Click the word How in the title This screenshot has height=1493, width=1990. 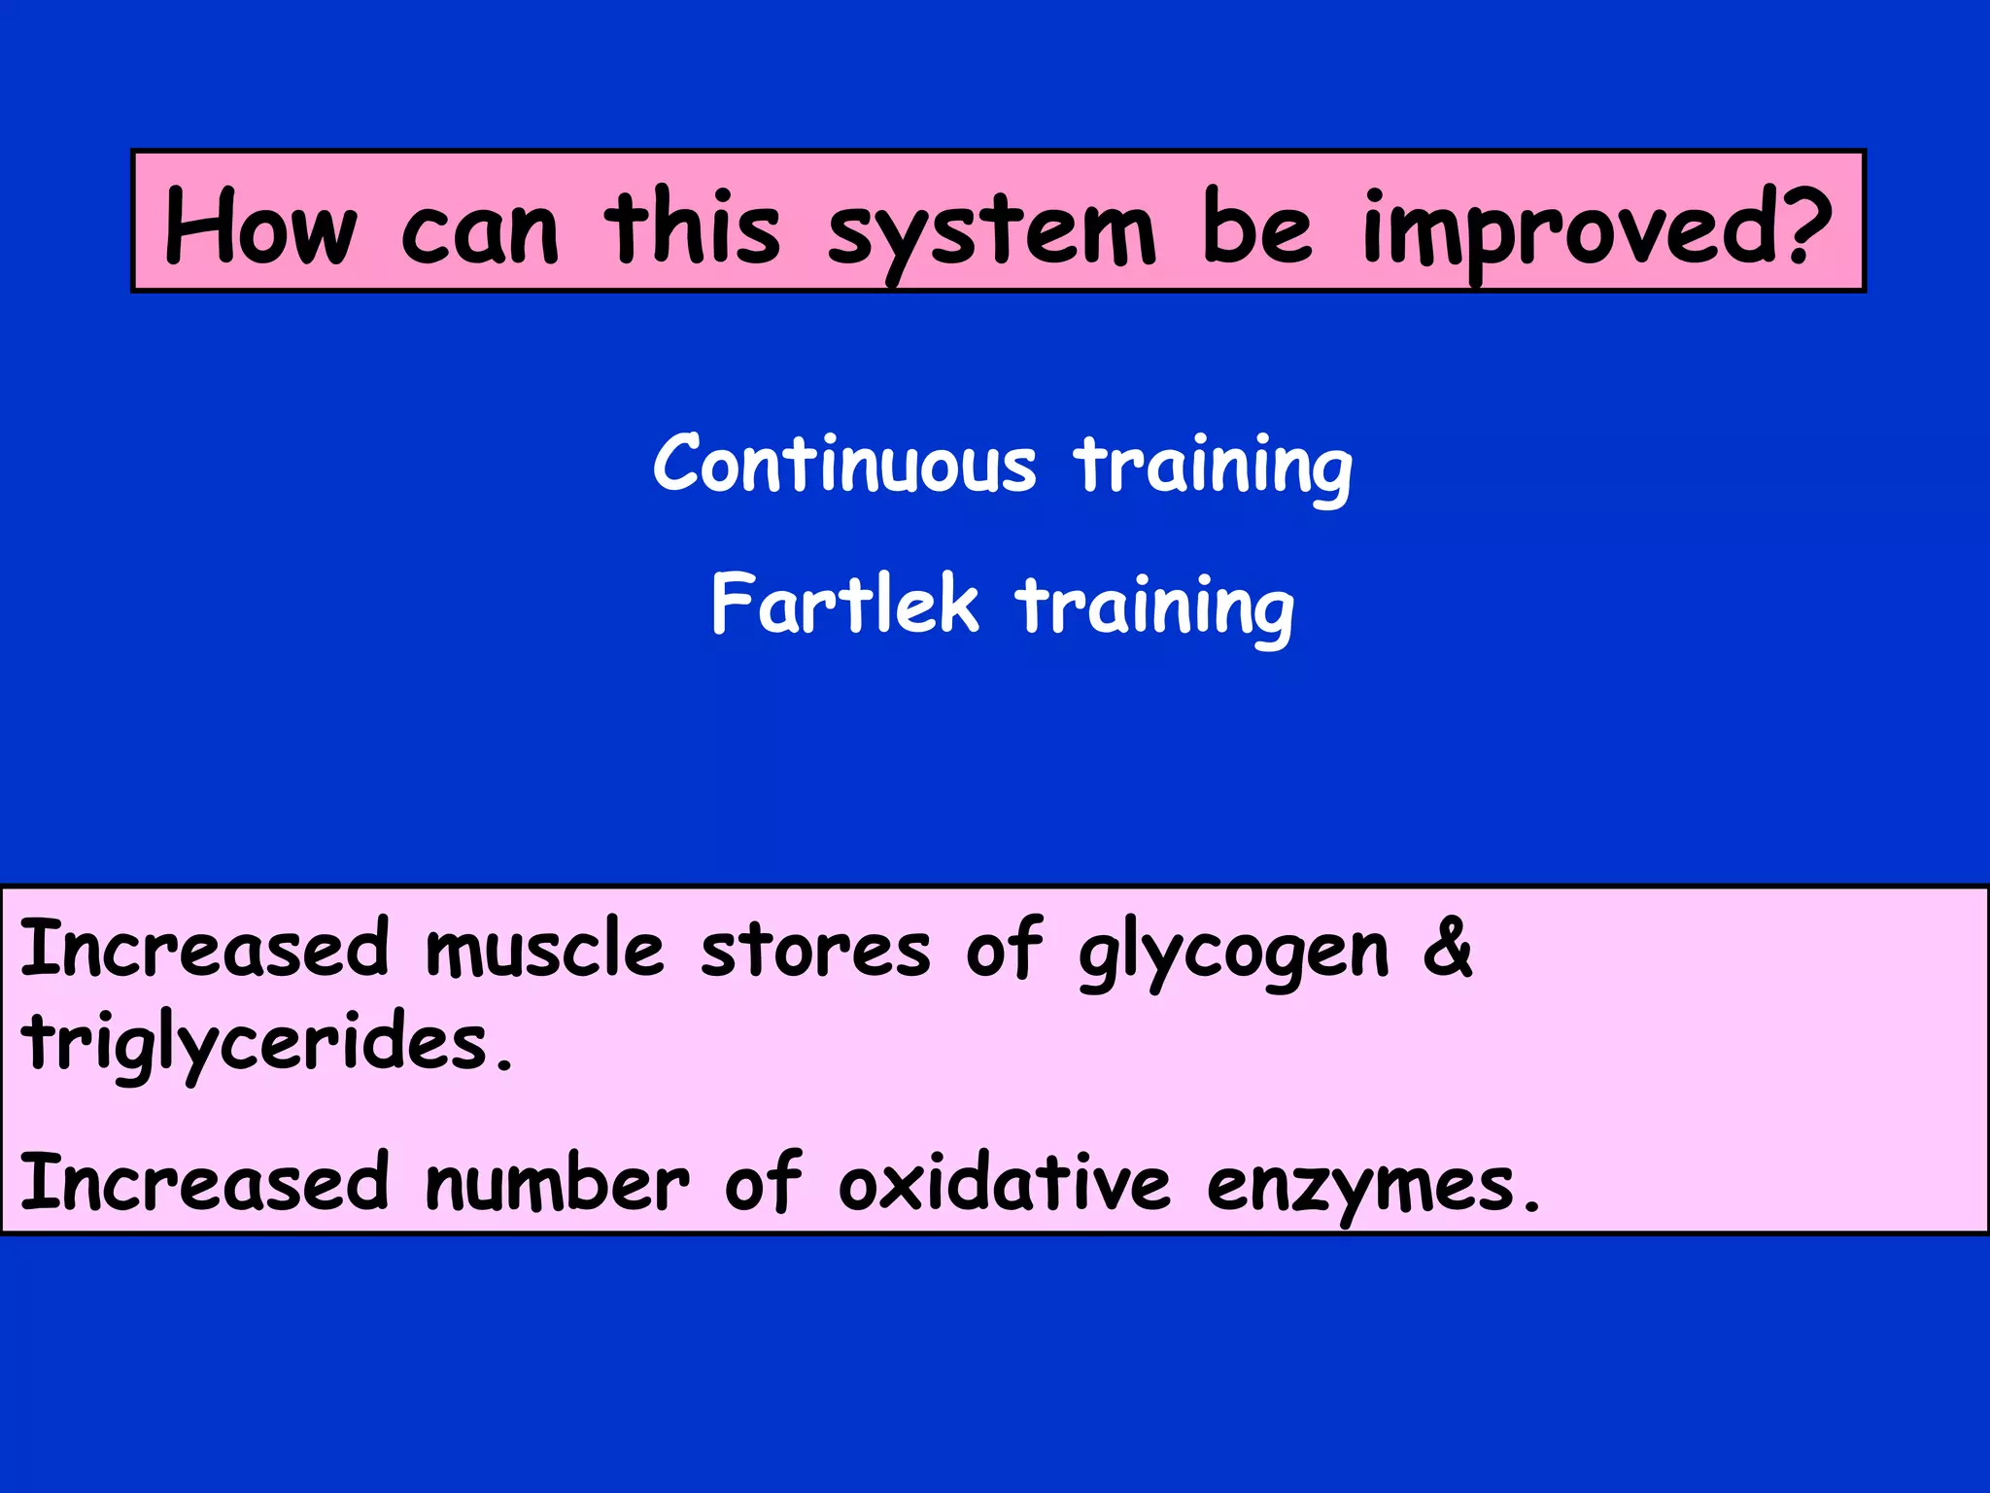point(260,226)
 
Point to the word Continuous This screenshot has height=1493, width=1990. point(844,465)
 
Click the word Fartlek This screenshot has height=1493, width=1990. point(844,605)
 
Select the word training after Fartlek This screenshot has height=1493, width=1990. point(1155,607)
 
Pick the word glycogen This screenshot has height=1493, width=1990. point(1234,955)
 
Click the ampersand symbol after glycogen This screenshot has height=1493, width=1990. point(1448,949)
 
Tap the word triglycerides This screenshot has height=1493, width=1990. point(257,1043)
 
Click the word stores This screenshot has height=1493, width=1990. point(815,951)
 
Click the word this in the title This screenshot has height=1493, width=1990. point(692,226)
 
